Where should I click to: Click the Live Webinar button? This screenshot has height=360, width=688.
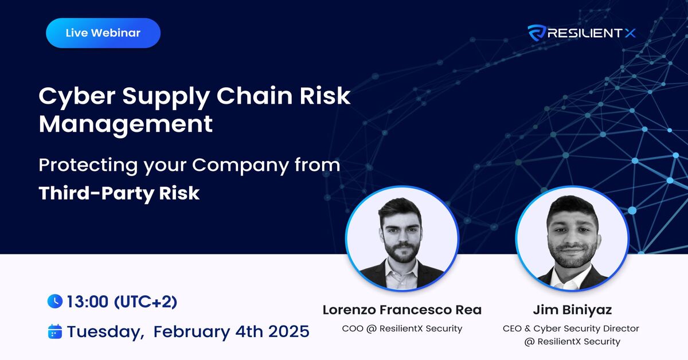[x=103, y=33]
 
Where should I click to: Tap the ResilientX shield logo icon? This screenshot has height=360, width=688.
[x=536, y=33]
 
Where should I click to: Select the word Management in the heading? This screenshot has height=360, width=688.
[x=126, y=124]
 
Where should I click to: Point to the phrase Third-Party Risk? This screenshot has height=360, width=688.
[x=119, y=193]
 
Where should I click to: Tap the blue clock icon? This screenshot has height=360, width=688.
[x=54, y=301]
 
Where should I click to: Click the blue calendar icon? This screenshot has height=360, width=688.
[x=54, y=331]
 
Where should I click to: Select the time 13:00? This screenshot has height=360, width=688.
[x=88, y=301]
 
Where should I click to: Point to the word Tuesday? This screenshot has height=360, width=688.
[x=104, y=331]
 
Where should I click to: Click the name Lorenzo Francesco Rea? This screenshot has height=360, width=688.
[x=402, y=310]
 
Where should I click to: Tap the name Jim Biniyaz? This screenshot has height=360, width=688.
[x=572, y=310]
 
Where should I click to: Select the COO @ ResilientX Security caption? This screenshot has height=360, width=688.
[x=402, y=329]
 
